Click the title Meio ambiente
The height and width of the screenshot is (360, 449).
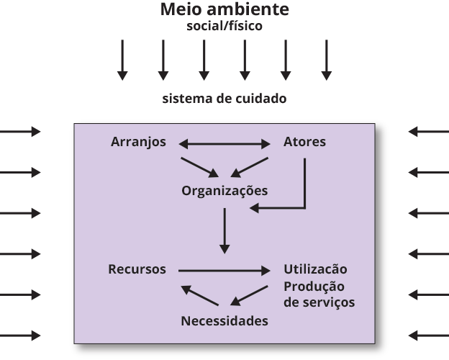pyautogui.click(x=224, y=10)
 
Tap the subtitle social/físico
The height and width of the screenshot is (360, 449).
pyautogui.click(x=224, y=27)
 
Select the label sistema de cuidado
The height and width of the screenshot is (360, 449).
pyautogui.click(x=224, y=98)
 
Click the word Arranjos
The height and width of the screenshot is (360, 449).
pyautogui.click(x=139, y=142)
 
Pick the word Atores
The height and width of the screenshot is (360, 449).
pyautogui.click(x=304, y=142)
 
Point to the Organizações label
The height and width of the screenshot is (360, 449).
pyautogui.click(x=224, y=191)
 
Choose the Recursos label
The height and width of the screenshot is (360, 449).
pyautogui.click(x=137, y=269)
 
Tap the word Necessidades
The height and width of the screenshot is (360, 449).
pyautogui.click(x=224, y=320)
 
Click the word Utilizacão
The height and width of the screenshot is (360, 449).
pyautogui.click(x=315, y=269)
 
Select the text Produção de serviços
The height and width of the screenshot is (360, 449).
pyautogui.click(x=319, y=294)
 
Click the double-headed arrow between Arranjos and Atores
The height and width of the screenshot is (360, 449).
pyautogui.click(x=224, y=144)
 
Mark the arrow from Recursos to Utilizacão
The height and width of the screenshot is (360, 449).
pyautogui.click(x=223, y=271)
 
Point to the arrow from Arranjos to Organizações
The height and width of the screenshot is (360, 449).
pyautogui.click(x=199, y=166)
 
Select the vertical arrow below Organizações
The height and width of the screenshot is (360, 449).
pyautogui.click(x=225, y=230)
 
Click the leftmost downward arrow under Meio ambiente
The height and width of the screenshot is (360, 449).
pyautogui.click(x=122, y=59)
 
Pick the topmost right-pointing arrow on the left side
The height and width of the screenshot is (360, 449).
pyautogui.click(x=20, y=132)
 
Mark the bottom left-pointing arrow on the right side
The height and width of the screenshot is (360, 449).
pyautogui.click(x=428, y=335)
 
